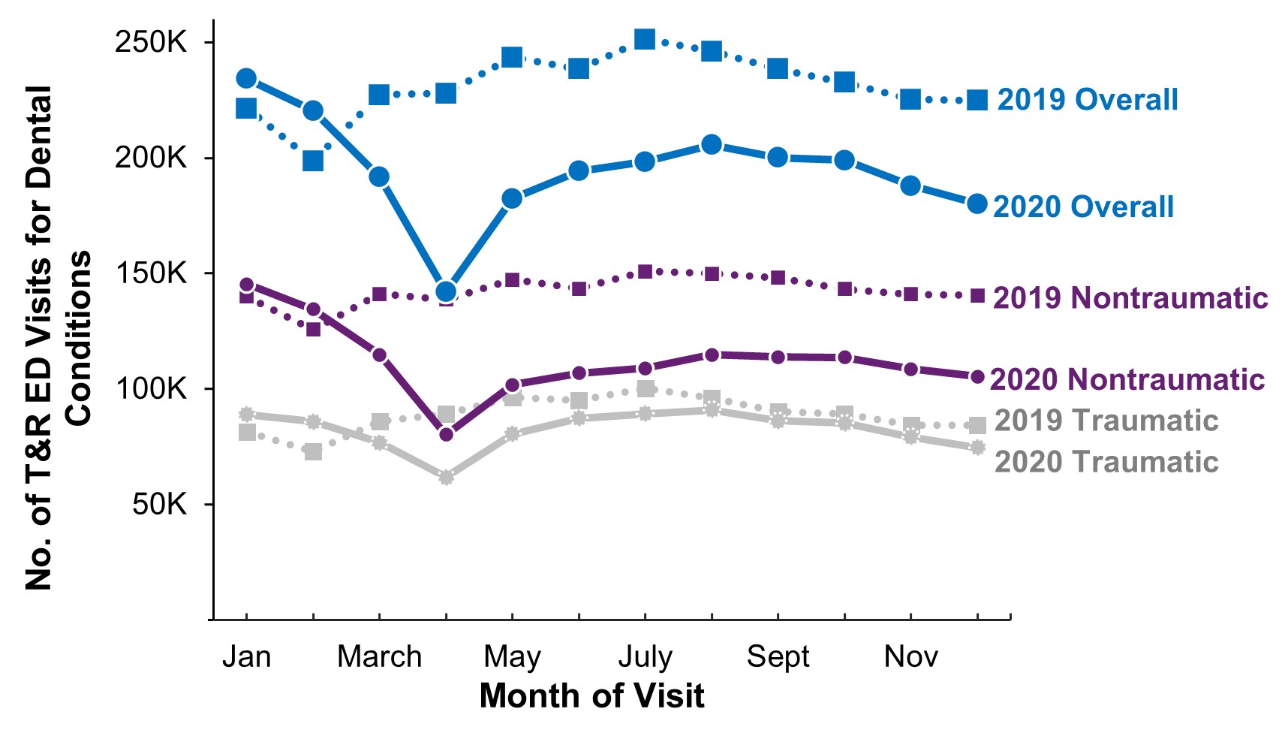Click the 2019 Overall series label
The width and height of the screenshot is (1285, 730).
click(x=1087, y=100)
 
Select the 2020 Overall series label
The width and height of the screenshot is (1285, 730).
click(x=1083, y=207)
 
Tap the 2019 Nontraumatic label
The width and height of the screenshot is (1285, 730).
click(x=1130, y=298)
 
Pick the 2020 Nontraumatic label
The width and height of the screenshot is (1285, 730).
click(x=1127, y=379)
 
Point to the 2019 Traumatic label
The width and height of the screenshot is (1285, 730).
click(x=1106, y=421)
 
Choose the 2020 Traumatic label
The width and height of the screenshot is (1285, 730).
click(x=1106, y=462)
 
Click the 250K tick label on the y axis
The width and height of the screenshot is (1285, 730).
click(x=150, y=42)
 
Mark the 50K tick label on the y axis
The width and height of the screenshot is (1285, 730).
click(x=159, y=504)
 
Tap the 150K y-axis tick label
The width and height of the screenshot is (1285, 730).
click(x=150, y=273)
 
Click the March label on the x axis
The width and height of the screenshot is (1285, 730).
click(x=379, y=656)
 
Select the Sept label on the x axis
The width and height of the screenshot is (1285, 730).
click(x=778, y=656)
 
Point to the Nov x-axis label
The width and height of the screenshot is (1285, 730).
click(x=910, y=656)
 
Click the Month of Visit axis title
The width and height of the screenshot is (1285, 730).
click(x=591, y=695)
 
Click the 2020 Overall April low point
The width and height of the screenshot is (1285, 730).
click(x=446, y=291)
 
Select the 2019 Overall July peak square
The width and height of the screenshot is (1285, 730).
click(x=645, y=39)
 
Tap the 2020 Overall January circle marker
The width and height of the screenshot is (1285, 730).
click(x=246, y=78)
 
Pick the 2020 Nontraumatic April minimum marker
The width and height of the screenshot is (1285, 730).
click(x=446, y=434)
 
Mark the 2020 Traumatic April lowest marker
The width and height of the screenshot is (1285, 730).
click(x=446, y=478)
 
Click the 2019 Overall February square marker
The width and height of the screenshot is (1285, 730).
click(x=313, y=161)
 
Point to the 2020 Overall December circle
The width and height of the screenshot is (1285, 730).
click(x=977, y=204)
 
